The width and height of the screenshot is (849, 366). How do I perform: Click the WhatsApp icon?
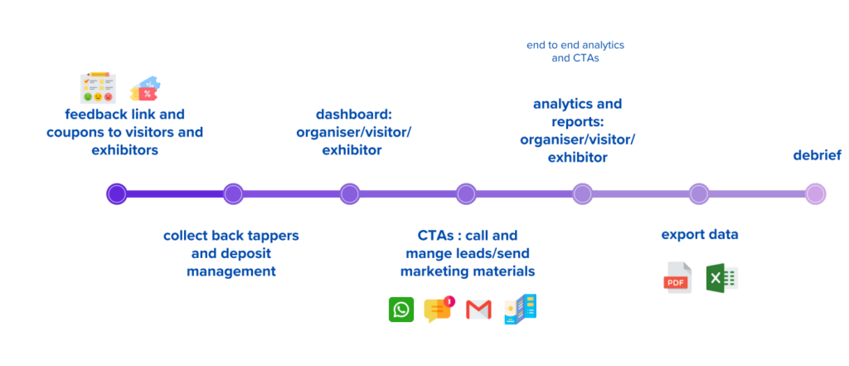point(401,310)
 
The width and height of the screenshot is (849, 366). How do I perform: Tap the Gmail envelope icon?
point(478,310)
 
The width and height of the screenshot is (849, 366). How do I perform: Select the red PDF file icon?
point(677,278)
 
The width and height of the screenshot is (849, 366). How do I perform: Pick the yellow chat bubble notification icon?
point(439,309)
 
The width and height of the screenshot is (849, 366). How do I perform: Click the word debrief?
point(817,155)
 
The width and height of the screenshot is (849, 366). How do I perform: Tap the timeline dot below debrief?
point(816,194)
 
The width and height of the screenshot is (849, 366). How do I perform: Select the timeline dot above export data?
point(699,194)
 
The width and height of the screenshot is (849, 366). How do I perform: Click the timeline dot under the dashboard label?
point(349,194)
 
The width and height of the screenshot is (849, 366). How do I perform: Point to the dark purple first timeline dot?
point(116,194)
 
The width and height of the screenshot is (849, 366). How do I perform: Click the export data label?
point(700,235)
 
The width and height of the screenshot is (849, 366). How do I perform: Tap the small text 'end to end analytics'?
point(575,45)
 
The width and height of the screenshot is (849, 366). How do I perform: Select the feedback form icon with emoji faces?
point(98,88)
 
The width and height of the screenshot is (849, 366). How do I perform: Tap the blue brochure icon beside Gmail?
point(522,309)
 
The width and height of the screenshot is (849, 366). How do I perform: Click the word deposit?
point(242,253)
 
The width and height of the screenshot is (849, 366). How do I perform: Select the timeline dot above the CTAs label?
point(466,194)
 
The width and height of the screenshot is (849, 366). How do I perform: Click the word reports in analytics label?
point(552,122)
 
